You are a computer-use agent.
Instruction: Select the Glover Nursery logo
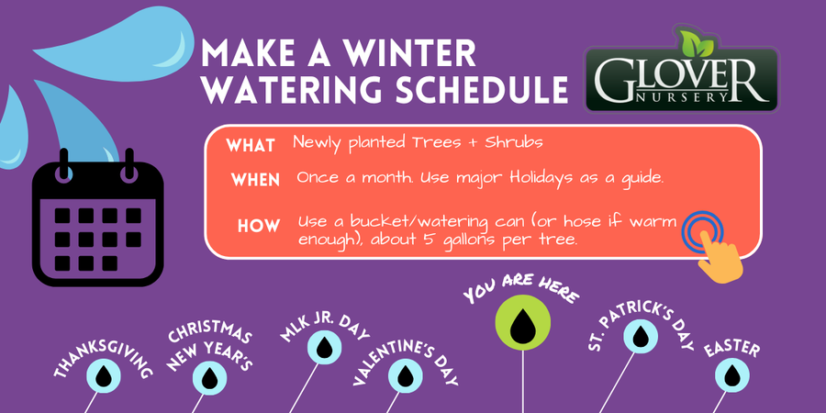click(x=682, y=70)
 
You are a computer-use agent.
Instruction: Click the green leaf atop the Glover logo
click(x=696, y=43)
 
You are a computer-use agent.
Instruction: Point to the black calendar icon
click(x=98, y=218)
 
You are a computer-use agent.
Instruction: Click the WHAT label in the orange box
click(x=251, y=145)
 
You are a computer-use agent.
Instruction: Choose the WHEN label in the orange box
click(x=255, y=180)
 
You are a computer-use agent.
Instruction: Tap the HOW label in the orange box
click(x=259, y=226)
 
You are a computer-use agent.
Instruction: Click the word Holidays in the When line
click(x=540, y=177)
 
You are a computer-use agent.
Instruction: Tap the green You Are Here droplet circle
click(x=523, y=322)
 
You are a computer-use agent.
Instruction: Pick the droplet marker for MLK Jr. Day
click(x=325, y=347)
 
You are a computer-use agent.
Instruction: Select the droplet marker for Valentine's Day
click(x=406, y=375)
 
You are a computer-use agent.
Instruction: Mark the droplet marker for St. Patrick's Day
click(x=641, y=336)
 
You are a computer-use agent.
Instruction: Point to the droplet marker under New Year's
click(x=209, y=378)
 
